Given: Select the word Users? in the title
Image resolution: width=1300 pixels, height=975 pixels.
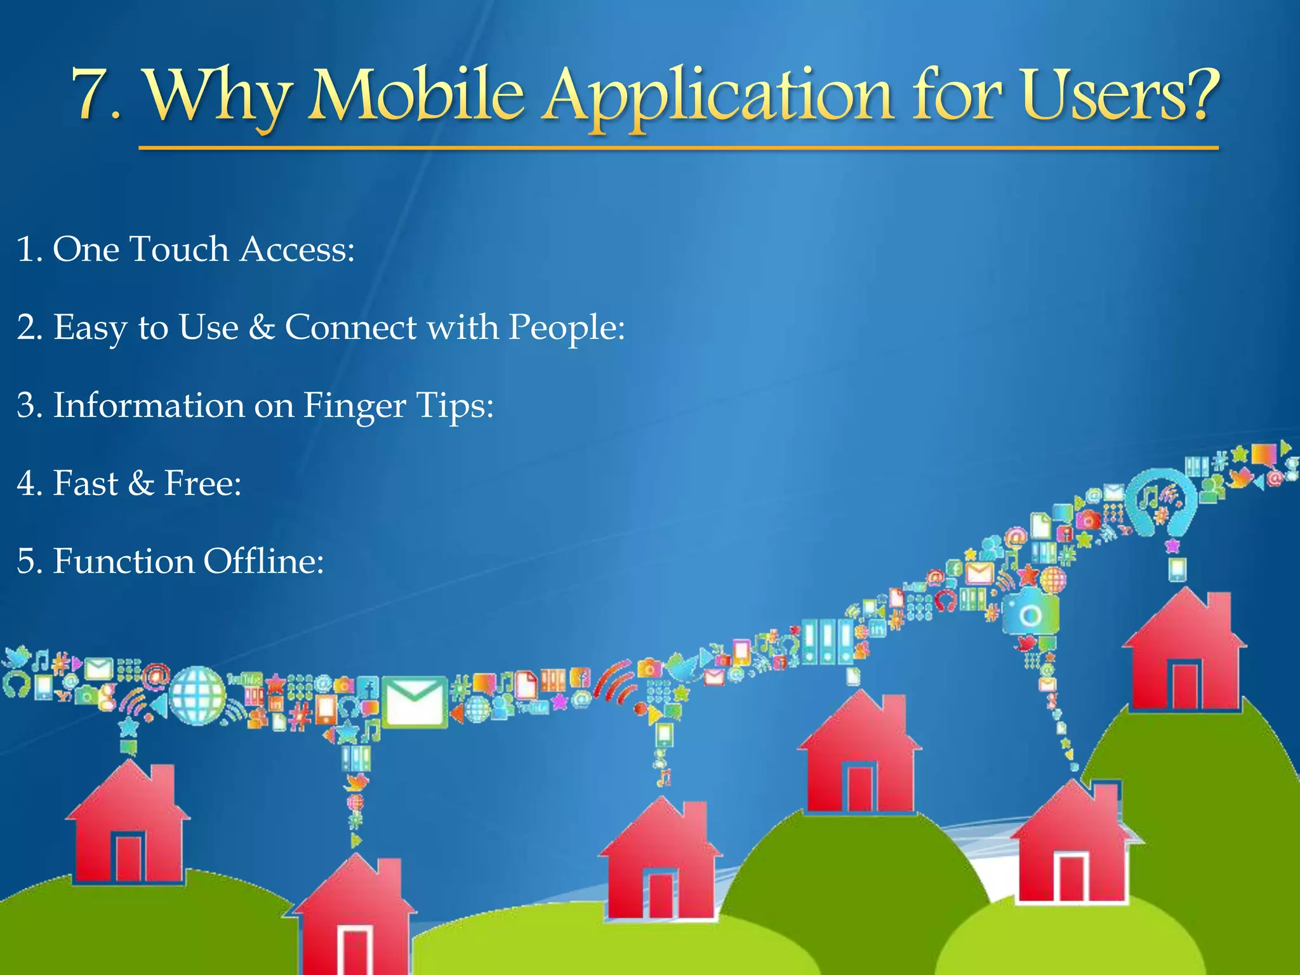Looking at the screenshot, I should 1120,95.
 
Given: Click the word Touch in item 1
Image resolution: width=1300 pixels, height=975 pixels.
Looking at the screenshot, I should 178,249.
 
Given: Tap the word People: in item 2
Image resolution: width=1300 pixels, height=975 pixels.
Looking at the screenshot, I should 566,329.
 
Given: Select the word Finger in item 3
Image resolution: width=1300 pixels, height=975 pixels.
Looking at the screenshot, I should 354,406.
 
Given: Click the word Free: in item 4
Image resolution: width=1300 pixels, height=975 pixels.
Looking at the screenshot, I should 202,484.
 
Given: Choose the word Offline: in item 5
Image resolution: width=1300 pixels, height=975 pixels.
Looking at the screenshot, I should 263,561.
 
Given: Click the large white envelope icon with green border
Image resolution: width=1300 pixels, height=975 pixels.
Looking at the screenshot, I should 414,701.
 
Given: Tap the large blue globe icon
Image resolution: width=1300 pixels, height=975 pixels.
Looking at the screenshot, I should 197,696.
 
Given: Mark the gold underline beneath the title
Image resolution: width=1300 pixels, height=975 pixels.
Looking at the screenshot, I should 678,149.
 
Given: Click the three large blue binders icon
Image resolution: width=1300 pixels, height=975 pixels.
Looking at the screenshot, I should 827,642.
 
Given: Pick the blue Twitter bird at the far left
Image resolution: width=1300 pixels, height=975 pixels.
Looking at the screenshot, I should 17,657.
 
